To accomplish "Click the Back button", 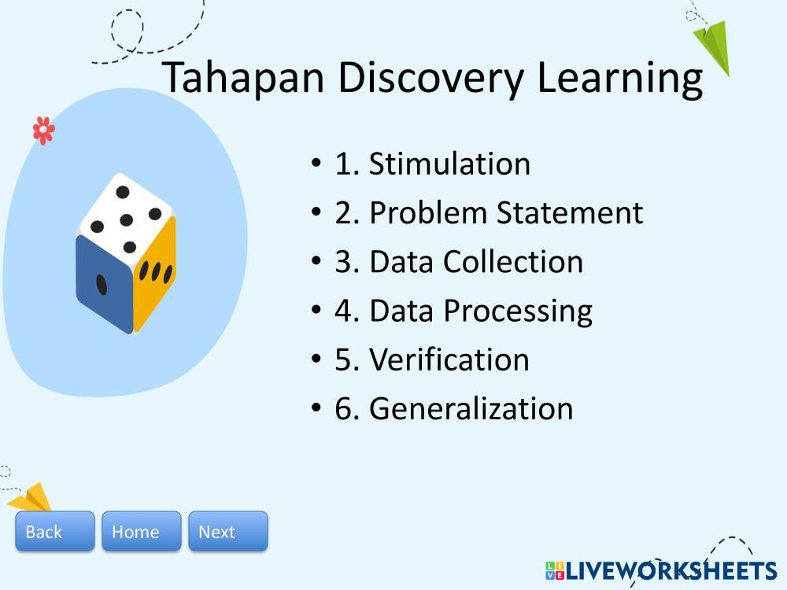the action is (x=55, y=531).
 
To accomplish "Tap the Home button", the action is (x=142, y=531).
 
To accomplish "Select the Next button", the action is (x=228, y=531).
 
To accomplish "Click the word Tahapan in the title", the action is (x=243, y=78).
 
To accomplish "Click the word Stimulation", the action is (x=449, y=164).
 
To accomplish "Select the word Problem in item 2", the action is (x=427, y=212).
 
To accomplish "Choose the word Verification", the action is (x=449, y=360).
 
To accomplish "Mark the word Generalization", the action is (x=471, y=408).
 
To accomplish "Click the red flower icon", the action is (x=43, y=131).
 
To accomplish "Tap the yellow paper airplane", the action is (x=30, y=498).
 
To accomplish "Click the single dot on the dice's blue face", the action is (x=102, y=285).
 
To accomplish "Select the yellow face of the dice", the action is (x=154, y=275).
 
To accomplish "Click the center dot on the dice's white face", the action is (x=127, y=219).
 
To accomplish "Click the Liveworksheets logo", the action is (x=661, y=571).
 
